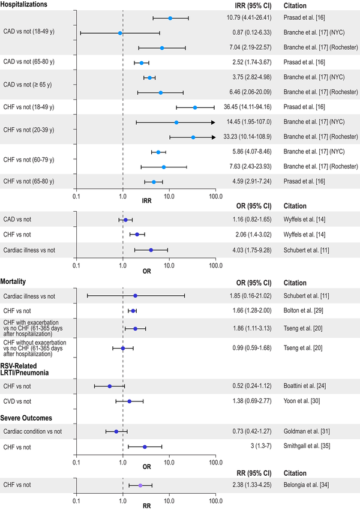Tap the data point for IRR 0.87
coord(120,33)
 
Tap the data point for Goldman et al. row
coord(116,431)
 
